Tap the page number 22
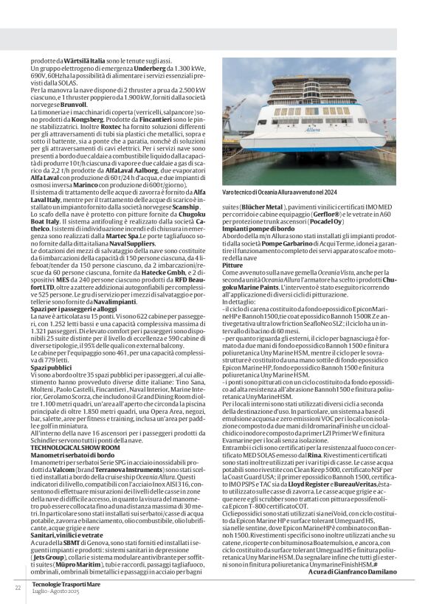[18, 588]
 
